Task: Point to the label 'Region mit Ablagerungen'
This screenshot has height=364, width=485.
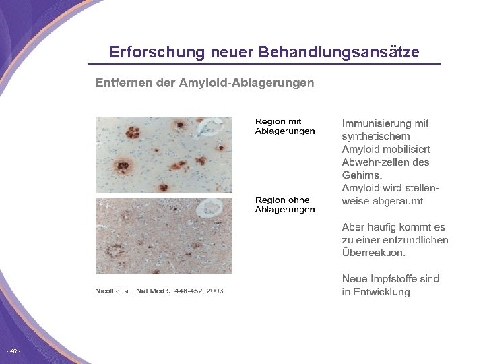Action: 284,126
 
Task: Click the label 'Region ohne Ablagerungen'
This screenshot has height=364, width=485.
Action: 284,204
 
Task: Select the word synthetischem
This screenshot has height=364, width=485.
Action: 376,136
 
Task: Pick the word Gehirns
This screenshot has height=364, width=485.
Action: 362,175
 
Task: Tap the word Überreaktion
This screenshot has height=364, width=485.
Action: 374,253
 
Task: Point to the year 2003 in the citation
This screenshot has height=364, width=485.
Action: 214,291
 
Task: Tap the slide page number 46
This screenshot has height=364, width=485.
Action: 13,352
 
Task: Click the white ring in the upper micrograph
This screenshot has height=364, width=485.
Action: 214,127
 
